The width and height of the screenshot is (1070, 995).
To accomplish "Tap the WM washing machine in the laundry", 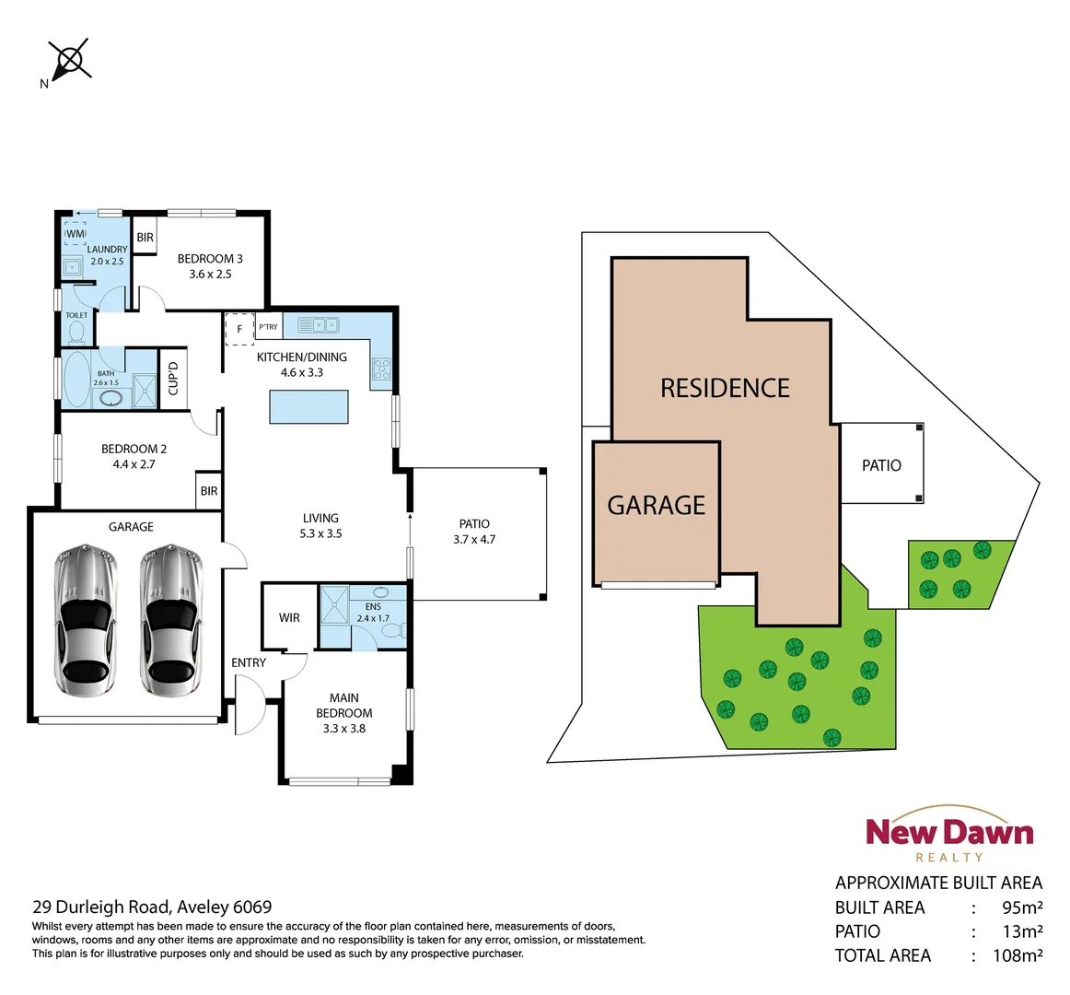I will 75,234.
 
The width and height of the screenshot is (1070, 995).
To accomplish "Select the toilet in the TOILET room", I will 76,331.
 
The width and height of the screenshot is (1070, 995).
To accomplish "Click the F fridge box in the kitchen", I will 239,329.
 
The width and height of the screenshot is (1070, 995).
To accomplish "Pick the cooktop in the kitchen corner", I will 381,369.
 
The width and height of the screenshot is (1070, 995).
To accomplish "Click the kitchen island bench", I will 308,406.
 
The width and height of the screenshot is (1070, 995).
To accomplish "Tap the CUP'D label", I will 173,378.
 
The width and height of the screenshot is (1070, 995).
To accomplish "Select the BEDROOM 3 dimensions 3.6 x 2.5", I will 210,274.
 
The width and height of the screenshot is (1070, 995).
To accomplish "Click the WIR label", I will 289,617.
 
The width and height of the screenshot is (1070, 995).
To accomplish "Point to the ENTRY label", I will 249,662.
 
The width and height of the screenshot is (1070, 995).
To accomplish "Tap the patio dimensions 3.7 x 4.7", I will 474,539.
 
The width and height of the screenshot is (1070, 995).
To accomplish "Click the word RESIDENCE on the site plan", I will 725,388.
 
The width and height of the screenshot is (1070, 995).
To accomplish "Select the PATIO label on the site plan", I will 881,465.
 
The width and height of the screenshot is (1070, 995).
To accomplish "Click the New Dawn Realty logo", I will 949,835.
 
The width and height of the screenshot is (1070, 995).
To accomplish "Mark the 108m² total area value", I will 1018,955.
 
